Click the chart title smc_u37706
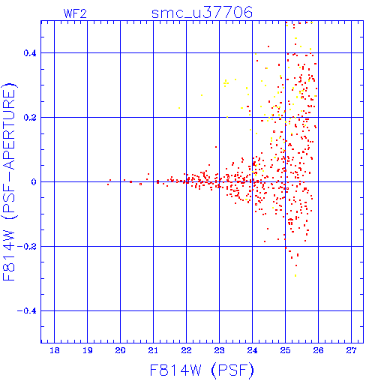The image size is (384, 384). pyautogui.click(x=202, y=13)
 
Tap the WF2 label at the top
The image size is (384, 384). pyautogui.click(x=75, y=13)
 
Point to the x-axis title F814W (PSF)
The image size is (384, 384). pyautogui.click(x=202, y=370)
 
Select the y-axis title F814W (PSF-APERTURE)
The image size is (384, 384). pyautogui.click(x=10, y=181)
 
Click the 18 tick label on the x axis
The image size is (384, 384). pyautogui.click(x=55, y=350)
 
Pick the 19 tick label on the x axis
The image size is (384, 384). pyautogui.click(x=88, y=350)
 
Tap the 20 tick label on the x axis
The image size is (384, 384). pyautogui.click(x=120, y=350)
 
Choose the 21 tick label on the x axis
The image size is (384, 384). pyautogui.click(x=153, y=350)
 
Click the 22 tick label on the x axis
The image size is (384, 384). pyautogui.click(x=186, y=350)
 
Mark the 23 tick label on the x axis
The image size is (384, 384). pyautogui.click(x=219, y=350)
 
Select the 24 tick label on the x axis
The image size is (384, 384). pyautogui.click(x=252, y=350)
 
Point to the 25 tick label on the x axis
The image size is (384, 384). pyautogui.click(x=285, y=350)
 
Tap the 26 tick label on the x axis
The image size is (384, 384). pyautogui.click(x=318, y=350)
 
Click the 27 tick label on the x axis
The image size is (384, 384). pyautogui.click(x=351, y=350)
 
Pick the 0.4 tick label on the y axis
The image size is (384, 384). pyautogui.click(x=30, y=53)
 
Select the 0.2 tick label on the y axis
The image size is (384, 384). pyautogui.click(x=30, y=118)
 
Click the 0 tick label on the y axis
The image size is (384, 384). pyautogui.click(x=34, y=182)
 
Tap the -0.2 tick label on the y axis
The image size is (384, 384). pyautogui.click(x=27, y=247)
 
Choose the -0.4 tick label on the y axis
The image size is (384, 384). pyautogui.click(x=27, y=311)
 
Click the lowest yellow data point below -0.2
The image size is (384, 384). pyautogui.click(x=295, y=275)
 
